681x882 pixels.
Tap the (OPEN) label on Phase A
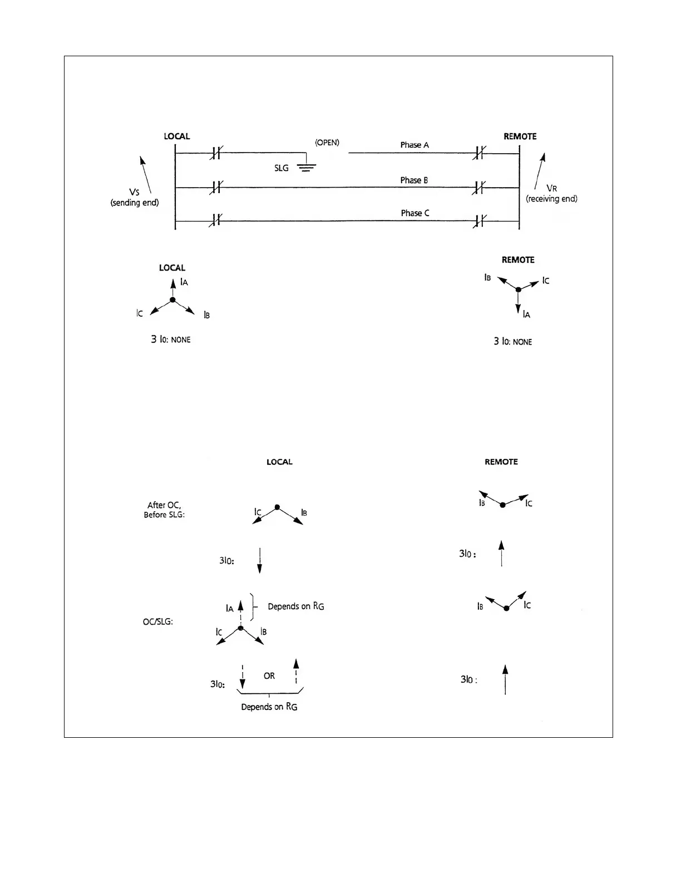click(x=327, y=143)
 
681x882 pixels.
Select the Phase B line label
click(x=414, y=180)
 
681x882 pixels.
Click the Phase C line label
click(x=415, y=213)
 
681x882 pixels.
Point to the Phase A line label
click(x=414, y=145)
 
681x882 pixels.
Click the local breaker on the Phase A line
click(x=215, y=154)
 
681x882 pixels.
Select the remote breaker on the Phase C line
click(x=478, y=221)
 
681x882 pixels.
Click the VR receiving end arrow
click(x=540, y=171)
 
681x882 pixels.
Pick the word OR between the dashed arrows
click(x=269, y=676)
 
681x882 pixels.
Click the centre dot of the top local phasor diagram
click(x=172, y=300)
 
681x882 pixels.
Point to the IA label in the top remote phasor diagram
click(x=526, y=315)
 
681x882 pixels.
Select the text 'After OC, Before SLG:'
click(x=164, y=510)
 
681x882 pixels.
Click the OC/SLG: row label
click(x=158, y=621)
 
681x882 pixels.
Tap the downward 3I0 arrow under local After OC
click(x=260, y=561)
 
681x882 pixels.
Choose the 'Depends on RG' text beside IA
click(x=296, y=606)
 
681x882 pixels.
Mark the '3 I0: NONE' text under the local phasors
click(x=171, y=339)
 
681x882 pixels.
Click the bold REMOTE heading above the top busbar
click(x=520, y=136)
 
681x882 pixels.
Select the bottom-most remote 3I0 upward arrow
click(x=505, y=679)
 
